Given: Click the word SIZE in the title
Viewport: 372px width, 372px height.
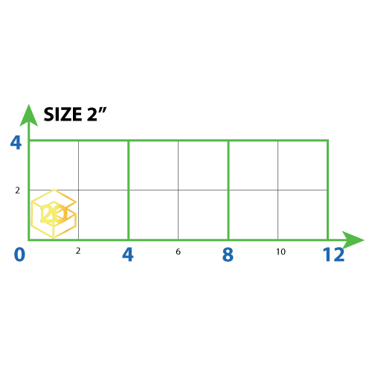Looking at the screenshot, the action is (x=62, y=115).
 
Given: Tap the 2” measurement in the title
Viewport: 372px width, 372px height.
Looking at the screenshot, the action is (x=97, y=115).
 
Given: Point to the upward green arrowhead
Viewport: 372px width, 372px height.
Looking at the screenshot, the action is (x=29, y=115).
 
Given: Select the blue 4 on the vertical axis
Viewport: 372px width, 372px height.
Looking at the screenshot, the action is (x=16, y=143).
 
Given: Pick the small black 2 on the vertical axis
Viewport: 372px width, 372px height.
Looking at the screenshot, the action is (x=17, y=190).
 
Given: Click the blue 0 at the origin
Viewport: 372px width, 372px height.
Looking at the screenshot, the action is (x=19, y=254).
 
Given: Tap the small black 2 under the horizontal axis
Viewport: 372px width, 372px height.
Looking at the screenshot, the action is (x=78, y=251).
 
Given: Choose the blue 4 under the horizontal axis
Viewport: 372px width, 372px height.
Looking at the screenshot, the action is (x=128, y=254).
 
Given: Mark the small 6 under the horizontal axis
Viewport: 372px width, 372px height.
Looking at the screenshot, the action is (x=178, y=251).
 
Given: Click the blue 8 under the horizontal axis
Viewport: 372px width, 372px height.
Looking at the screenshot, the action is (x=228, y=254).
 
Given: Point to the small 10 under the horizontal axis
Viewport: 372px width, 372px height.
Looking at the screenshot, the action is (x=280, y=251).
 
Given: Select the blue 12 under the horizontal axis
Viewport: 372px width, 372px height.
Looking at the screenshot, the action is (x=333, y=254).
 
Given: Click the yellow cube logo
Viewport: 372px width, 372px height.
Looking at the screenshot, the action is (x=54, y=214).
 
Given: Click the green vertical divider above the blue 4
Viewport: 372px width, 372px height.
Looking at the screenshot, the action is (x=129, y=190).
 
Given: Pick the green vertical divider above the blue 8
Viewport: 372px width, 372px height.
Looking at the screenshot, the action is (x=228, y=190).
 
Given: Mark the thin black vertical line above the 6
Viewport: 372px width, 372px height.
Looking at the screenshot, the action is (x=179, y=190).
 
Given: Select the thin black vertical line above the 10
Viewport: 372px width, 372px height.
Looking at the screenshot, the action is (x=278, y=190).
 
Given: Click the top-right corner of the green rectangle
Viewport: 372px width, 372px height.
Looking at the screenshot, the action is (x=328, y=141).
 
